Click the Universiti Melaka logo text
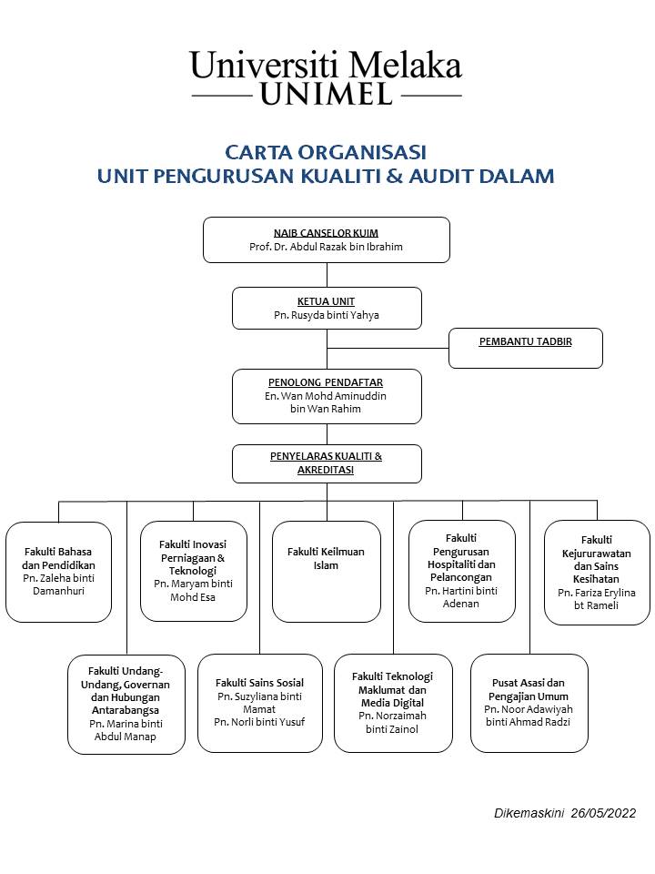pyautogui.click(x=326, y=65)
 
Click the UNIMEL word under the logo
pyautogui.click(x=327, y=95)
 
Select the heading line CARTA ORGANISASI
pyautogui.click(x=326, y=151)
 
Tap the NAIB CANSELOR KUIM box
pyautogui.click(x=326, y=239)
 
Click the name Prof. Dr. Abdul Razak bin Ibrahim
pyautogui.click(x=326, y=247)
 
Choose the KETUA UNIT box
pyautogui.click(x=327, y=308)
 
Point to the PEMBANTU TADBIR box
pyautogui.click(x=526, y=349)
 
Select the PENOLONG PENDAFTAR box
pyautogui.click(x=327, y=396)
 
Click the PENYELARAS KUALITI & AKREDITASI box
pyautogui.click(x=327, y=463)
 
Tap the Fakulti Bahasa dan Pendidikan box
pyautogui.click(x=58, y=572)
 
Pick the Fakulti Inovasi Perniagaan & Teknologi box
pyautogui.click(x=193, y=571)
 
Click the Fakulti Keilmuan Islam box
pyautogui.click(x=327, y=572)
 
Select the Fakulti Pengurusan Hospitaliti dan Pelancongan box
pyautogui.click(x=462, y=571)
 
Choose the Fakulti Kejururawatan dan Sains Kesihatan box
pyautogui.click(x=597, y=573)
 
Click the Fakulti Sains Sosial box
pyautogui.click(x=260, y=703)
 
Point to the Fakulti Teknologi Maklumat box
pyautogui.click(x=393, y=703)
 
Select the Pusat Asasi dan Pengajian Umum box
pyautogui.click(x=529, y=703)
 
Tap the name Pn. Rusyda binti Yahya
pyautogui.click(x=327, y=315)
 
